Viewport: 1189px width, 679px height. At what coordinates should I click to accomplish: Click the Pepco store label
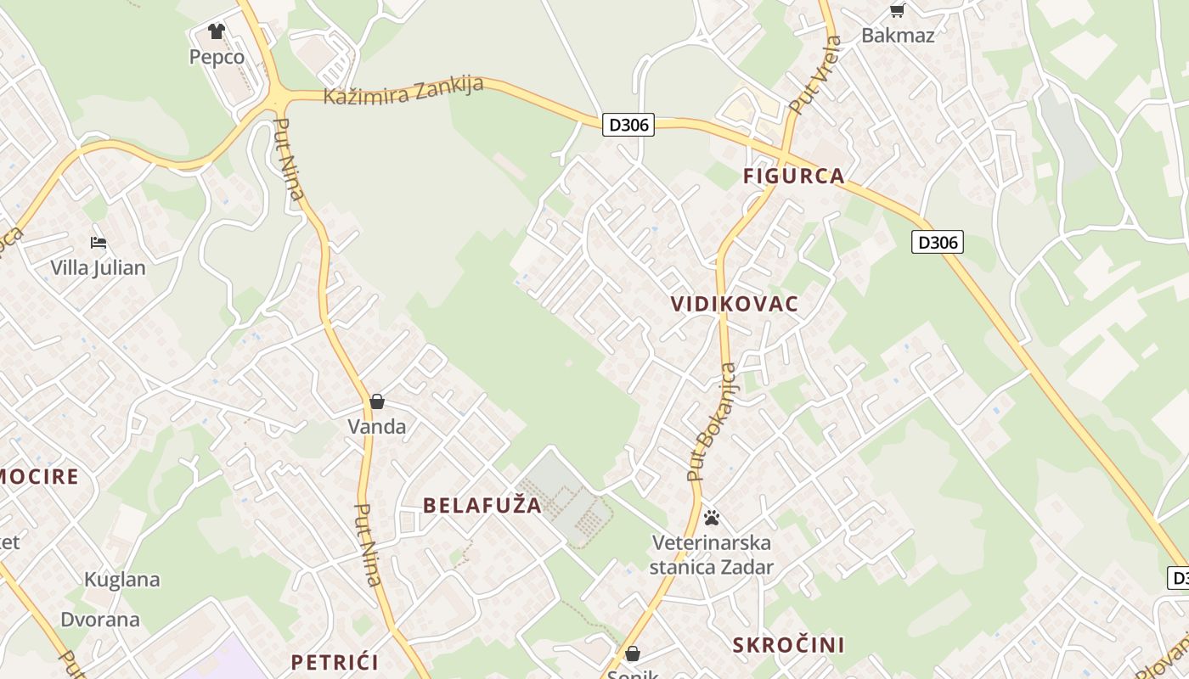click(217, 57)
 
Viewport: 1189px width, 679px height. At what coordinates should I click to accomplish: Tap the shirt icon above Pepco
click(217, 31)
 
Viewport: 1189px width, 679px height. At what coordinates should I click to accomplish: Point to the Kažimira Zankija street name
click(403, 89)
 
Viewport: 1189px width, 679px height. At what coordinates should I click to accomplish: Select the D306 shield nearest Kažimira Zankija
click(629, 125)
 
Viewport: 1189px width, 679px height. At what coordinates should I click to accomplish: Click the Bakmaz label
click(898, 35)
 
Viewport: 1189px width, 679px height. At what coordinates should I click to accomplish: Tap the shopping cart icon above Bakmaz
click(897, 10)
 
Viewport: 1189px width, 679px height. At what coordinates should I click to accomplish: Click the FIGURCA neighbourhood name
click(794, 176)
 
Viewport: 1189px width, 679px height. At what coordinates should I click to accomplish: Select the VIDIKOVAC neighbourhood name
click(735, 304)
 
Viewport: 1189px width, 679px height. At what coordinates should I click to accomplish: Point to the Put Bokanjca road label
click(713, 422)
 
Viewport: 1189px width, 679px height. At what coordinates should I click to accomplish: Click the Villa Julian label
click(98, 267)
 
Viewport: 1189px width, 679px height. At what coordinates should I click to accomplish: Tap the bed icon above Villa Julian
click(99, 242)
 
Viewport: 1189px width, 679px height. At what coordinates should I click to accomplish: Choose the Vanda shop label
click(377, 426)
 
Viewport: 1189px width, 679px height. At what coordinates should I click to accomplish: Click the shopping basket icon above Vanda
click(377, 401)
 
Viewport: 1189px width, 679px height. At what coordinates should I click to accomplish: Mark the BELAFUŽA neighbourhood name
click(482, 505)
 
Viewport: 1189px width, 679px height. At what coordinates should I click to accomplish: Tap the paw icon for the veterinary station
click(712, 517)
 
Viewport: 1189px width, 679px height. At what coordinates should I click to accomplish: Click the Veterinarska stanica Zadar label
click(712, 554)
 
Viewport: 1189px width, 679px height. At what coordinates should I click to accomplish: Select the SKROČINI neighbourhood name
click(789, 645)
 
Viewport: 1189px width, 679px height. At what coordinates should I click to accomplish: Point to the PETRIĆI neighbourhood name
click(335, 662)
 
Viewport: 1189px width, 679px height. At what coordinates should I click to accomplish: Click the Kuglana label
click(122, 580)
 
